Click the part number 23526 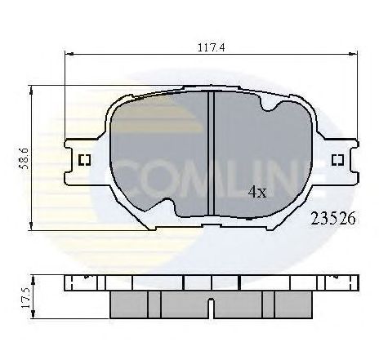click(332, 219)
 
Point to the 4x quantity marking click(256, 193)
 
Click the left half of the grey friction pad click(159, 155)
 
